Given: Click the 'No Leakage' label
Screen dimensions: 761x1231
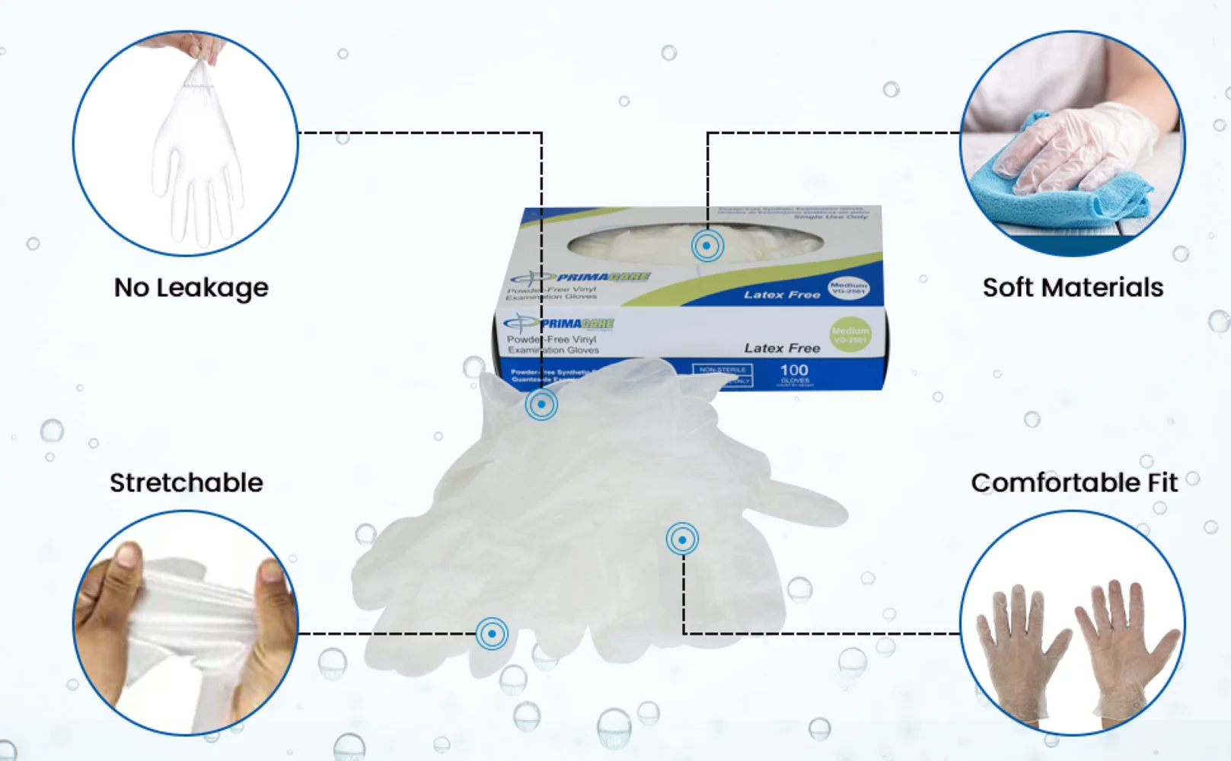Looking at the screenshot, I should click(x=191, y=288).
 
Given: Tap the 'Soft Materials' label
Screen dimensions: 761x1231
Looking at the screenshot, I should click(x=1073, y=288).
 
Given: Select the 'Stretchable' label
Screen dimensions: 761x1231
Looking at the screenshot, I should click(x=187, y=482).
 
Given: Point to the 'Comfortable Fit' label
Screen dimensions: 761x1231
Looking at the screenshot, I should click(x=1073, y=482).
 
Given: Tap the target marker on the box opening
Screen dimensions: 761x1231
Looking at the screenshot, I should click(x=707, y=246).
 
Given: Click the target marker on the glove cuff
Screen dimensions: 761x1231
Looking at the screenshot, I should click(x=541, y=404).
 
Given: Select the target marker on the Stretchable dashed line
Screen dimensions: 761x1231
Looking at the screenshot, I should click(x=492, y=633).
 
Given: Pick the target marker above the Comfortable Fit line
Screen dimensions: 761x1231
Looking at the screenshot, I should click(x=682, y=540).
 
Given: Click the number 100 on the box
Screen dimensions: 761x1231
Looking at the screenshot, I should click(x=794, y=370).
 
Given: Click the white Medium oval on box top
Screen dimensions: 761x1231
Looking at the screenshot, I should click(x=848, y=288).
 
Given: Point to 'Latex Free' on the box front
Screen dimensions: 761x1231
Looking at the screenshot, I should click(x=782, y=348).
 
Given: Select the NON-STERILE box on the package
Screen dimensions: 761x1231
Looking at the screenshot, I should click(x=722, y=370).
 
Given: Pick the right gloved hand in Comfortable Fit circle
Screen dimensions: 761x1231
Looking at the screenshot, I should click(x=1127, y=647).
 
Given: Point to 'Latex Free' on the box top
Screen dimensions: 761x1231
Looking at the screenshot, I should click(x=782, y=295).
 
